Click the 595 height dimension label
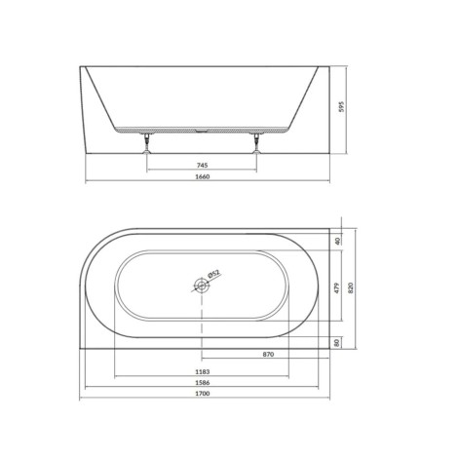click(x=341, y=106)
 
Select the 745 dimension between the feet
click(x=202, y=166)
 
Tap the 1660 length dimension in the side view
click(x=203, y=176)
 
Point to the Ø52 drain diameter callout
click(x=213, y=274)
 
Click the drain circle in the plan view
click(x=202, y=286)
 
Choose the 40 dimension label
click(x=337, y=241)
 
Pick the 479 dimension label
click(x=337, y=287)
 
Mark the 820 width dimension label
click(x=351, y=288)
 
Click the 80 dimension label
click(x=337, y=342)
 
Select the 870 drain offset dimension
click(x=268, y=354)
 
